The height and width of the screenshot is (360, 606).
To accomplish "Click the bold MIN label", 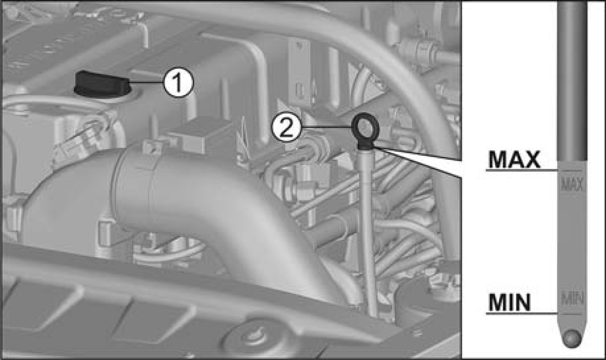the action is point(509,302).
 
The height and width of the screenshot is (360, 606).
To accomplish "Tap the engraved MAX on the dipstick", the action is point(572,185).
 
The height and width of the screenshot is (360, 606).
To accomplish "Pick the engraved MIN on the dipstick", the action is point(572,298).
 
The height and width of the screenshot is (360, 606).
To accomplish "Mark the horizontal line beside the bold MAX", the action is point(522,170).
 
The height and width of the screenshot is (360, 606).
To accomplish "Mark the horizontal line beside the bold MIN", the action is point(522,313).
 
